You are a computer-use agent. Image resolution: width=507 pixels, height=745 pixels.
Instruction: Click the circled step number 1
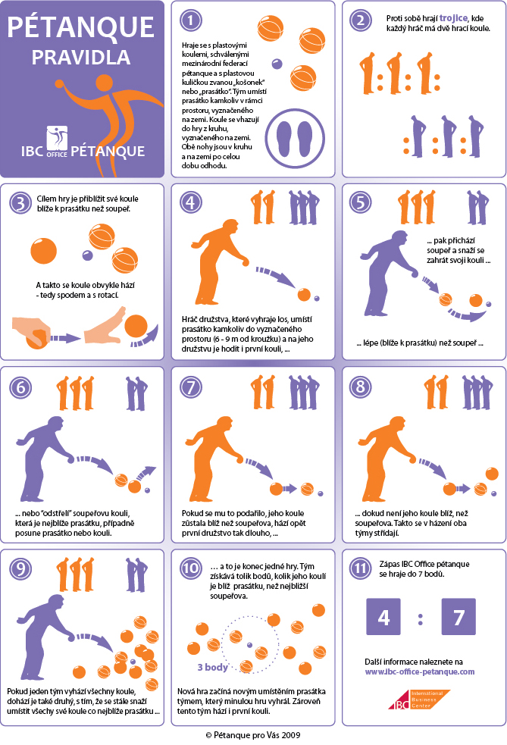pyautogui.click(x=190, y=20)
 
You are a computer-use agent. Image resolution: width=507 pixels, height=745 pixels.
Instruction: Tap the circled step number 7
pyautogui.click(x=190, y=387)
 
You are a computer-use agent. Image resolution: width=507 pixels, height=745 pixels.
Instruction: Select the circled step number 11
pyautogui.click(x=361, y=568)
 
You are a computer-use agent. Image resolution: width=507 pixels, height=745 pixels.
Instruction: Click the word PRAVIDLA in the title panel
pyautogui.click(x=81, y=58)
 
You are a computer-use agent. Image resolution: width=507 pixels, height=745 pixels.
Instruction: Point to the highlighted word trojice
pyautogui.click(x=453, y=18)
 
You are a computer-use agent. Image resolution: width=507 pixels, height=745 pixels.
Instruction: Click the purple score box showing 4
pyautogui.click(x=383, y=617)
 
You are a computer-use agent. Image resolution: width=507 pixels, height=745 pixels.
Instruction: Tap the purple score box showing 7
pyautogui.click(x=458, y=617)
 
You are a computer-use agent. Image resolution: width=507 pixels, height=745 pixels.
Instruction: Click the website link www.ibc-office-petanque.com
pyautogui.click(x=420, y=671)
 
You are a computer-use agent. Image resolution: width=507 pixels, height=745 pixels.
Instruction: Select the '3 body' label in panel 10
pyautogui.click(x=212, y=667)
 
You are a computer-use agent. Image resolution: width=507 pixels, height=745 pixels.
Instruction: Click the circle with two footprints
pyautogui.click(x=295, y=138)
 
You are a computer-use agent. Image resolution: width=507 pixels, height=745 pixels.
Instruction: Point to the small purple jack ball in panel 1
pyautogui.click(x=277, y=64)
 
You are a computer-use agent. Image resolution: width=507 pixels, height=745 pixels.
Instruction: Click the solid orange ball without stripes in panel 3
pyautogui.click(x=44, y=251)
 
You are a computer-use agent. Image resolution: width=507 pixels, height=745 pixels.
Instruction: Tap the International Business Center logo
pyautogui.click(x=419, y=700)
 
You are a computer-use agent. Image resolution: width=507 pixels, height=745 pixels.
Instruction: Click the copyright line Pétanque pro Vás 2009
pyautogui.click(x=253, y=735)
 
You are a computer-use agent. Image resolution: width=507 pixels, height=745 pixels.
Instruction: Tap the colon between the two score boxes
pyautogui.click(x=421, y=618)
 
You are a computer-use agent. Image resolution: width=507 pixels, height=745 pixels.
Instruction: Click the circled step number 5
pyautogui.click(x=361, y=202)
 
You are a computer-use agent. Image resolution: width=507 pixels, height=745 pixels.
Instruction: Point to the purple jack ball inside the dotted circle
pyautogui.click(x=249, y=645)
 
